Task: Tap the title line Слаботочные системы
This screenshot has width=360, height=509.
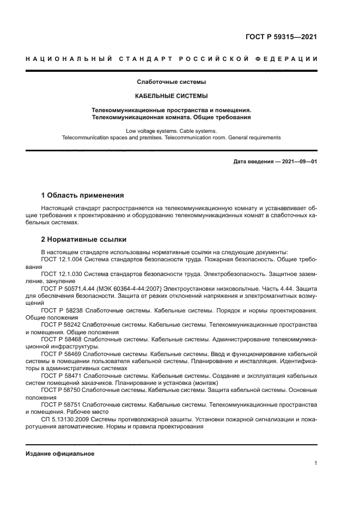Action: (x=171, y=82)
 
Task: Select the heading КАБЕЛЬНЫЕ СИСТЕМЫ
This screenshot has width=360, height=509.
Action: (x=171, y=96)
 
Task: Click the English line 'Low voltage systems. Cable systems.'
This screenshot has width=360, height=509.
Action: (x=171, y=131)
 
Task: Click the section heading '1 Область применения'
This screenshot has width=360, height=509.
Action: (x=83, y=195)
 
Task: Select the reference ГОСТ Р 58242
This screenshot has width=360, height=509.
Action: (x=60, y=324)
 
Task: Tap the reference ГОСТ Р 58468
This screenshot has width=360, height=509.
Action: (x=60, y=339)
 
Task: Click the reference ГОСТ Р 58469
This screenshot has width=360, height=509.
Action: (x=60, y=353)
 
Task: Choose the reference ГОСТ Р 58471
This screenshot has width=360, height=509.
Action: (x=60, y=376)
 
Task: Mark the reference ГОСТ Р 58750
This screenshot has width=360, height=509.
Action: (x=60, y=390)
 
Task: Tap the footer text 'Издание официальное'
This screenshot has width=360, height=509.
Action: (x=60, y=453)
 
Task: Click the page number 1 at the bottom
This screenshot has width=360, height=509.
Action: (x=315, y=463)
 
